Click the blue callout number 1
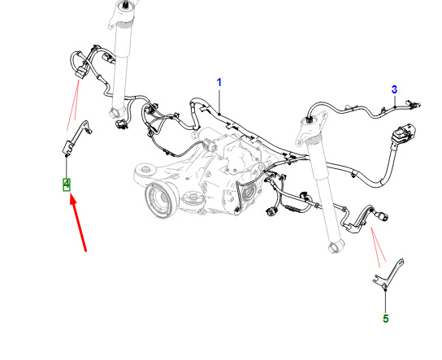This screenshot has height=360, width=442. tap(219, 83)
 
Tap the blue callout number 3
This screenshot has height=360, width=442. tap(394, 89)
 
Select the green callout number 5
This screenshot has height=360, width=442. tap(386, 319)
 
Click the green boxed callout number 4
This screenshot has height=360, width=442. tap(67, 184)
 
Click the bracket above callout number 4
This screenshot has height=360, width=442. tap(76, 138)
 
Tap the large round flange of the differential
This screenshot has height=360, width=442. tap(158, 199)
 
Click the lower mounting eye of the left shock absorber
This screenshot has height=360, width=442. tap(115, 112)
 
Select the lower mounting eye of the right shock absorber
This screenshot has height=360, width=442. tap(334, 247)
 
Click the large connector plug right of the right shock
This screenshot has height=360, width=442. tap(403, 133)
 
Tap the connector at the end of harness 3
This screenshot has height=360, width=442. tap(414, 104)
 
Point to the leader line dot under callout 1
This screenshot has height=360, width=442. tap(219, 114)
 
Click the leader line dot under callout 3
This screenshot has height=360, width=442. tap(395, 106)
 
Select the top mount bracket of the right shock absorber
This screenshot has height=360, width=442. tap(311, 126)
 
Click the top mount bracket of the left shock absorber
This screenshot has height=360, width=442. tap(121, 15)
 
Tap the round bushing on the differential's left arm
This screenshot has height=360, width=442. tap(145, 169)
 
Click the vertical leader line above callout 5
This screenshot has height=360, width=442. tap(386, 302)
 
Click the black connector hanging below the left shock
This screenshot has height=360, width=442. tap(122, 124)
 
